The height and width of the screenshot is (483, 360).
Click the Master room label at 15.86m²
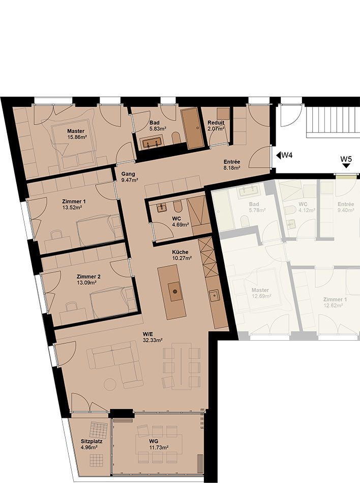click(76, 131)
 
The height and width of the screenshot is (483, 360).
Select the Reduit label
click(216, 123)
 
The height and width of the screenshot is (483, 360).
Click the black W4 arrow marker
click(279, 155)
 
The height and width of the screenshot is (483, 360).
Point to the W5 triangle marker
click(346, 166)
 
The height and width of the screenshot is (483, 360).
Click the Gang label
click(128, 174)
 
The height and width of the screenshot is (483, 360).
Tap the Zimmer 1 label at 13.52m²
click(74, 201)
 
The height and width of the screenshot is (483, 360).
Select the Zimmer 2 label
click(88, 276)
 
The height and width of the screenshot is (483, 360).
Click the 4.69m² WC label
click(181, 225)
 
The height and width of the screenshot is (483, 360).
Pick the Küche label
click(180, 252)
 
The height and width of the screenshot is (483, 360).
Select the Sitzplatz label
click(92, 441)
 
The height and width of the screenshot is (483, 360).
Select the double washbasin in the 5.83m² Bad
click(153, 143)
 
